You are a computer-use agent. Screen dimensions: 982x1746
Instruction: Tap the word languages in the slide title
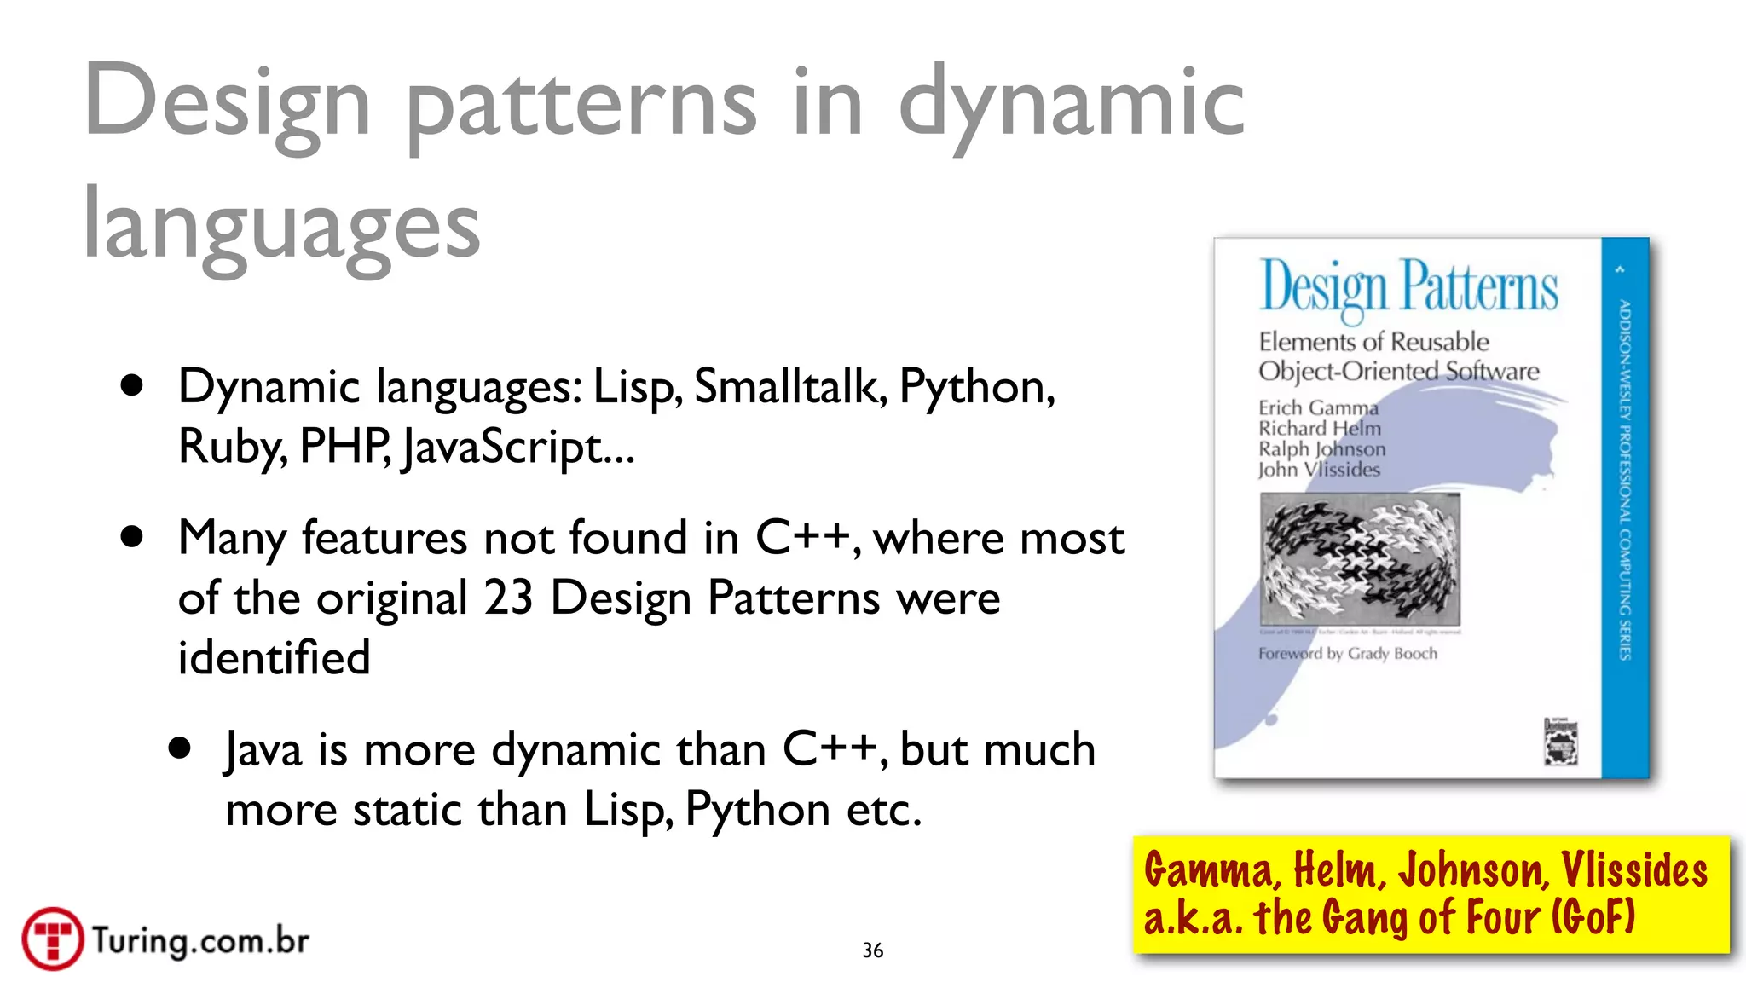pyautogui.click(x=281, y=226)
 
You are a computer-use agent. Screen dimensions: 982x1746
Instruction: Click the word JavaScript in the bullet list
pyautogui.click(x=503, y=447)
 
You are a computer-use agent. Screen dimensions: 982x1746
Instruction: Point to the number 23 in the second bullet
pyautogui.click(x=508, y=598)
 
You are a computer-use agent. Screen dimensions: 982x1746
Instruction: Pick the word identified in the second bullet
pyautogui.click(x=274, y=657)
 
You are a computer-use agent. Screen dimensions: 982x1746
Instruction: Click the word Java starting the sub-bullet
pyautogui.click(x=263, y=750)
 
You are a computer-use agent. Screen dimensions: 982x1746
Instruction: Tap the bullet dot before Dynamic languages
pyautogui.click(x=132, y=386)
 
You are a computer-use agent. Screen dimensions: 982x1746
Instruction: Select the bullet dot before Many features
pyautogui.click(x=132, y=537)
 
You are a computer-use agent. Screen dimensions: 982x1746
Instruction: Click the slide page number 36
pyautogui.click(x=872, y=950)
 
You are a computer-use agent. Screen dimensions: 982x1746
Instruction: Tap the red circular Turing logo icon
pyautogui.click(x=53, y=939)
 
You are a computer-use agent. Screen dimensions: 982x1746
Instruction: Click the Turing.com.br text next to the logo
pyautogui.click(x=200, y=940)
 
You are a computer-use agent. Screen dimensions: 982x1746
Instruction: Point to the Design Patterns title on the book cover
pyautogui.click(x=1408, y=287)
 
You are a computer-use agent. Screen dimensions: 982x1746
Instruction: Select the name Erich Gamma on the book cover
pyautogui.click(x=1318, y=408)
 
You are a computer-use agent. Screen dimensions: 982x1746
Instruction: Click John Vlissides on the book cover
pyautogui.click(x=1319, y=470)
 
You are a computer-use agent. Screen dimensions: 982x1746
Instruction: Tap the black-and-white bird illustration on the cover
pyautogui.click(x=1360, y=559)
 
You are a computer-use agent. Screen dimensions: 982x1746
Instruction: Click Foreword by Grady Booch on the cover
pyautogui.click(x=1347, y=654)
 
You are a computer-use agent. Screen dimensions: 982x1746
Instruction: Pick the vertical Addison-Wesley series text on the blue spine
pyautogui.click(x=1625, y=479)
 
